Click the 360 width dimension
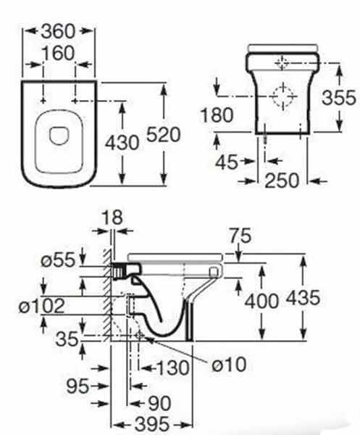58,31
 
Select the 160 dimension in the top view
58,53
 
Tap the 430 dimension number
122,143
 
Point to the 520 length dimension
163,135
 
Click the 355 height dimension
339,98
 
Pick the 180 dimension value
217,115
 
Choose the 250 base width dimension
282,181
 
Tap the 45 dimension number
227,162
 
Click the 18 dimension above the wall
112,217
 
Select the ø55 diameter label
58,260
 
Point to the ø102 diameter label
41,306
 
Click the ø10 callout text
229,364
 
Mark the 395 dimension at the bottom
151,423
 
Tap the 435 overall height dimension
303,298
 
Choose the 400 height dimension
261,301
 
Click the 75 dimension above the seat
240,236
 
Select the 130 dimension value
173,368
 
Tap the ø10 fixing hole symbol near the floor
140,336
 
